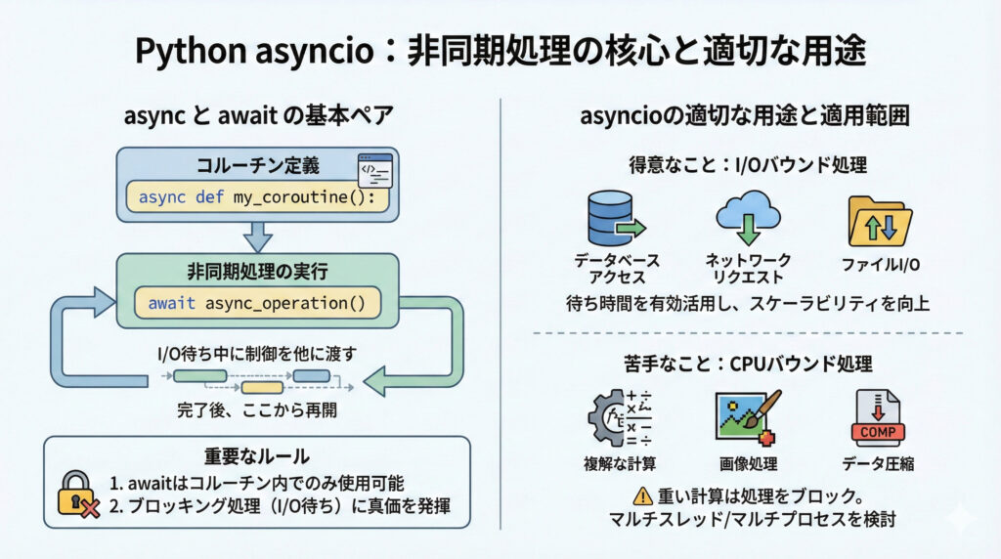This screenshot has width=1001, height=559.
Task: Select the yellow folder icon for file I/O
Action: coord(880,220)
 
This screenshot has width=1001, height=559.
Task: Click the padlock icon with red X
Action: coord(75,493)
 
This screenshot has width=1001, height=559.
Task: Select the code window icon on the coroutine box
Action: coord(374,169)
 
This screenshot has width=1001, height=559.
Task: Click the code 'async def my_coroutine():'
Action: coord(257,197)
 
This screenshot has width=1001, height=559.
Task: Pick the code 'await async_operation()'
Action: coord(257,303)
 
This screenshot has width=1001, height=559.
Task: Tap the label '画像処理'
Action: coord(748,463)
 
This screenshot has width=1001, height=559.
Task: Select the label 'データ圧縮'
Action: coord(880,463)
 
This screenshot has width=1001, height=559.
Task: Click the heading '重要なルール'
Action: coord(257,456)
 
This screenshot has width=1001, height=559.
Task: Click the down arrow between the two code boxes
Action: coord(257,235)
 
